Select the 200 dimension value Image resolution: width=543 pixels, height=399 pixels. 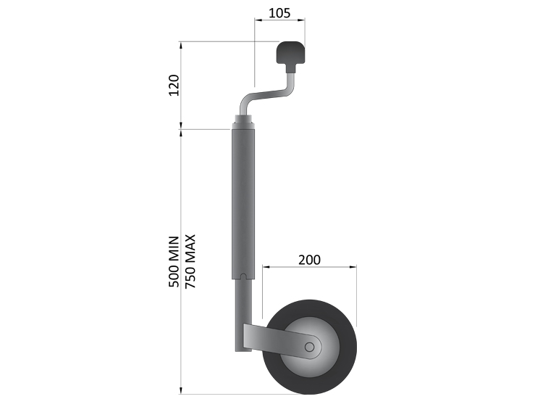tap(308, 258)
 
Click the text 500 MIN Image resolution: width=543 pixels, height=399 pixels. tap(174, 262)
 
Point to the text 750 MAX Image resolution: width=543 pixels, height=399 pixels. tap(190, 262)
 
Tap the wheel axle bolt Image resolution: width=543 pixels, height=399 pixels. tap(309, 347)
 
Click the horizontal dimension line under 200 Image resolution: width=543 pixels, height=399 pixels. tap(309, 267)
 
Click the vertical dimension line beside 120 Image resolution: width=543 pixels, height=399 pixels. tap(182, 86)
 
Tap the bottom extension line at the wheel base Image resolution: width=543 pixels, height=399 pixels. tap(217, 393)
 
